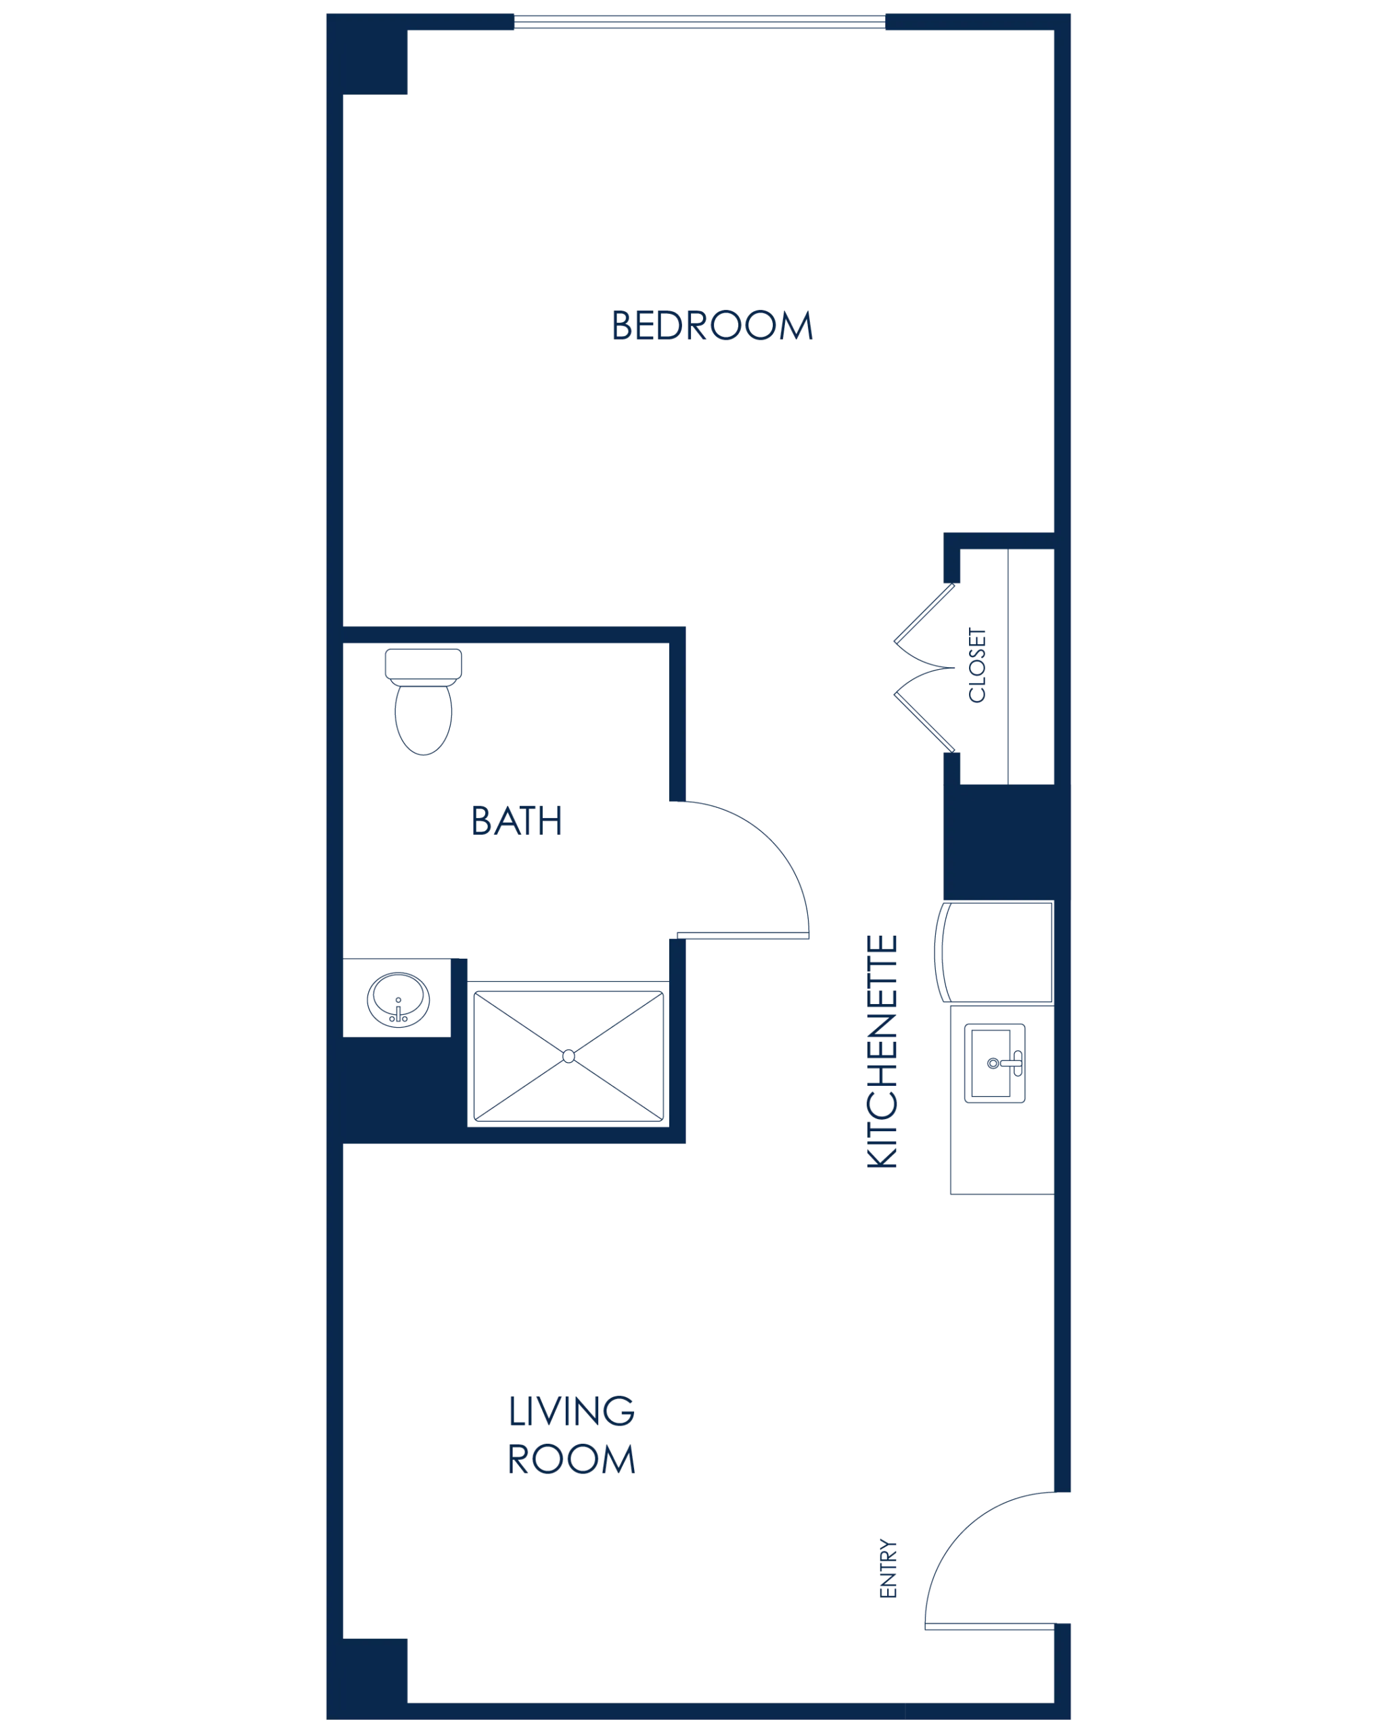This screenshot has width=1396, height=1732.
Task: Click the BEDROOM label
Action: click(713, 325)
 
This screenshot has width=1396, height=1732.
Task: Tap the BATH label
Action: click(516, 821)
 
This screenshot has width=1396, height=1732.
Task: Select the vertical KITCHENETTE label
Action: click(882, 1050)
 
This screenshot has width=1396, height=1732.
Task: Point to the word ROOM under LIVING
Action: click(573, 1459)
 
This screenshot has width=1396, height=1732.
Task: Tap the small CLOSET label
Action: click(977, 664)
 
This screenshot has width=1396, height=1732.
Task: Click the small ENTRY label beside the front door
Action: click(887, 1570)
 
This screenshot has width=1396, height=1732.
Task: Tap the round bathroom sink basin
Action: click(398, 998)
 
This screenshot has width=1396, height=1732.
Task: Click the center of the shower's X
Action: click(569, 1055)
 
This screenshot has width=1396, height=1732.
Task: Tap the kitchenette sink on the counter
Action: click(995, 1063)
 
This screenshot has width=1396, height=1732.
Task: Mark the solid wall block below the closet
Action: click(997, 841)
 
